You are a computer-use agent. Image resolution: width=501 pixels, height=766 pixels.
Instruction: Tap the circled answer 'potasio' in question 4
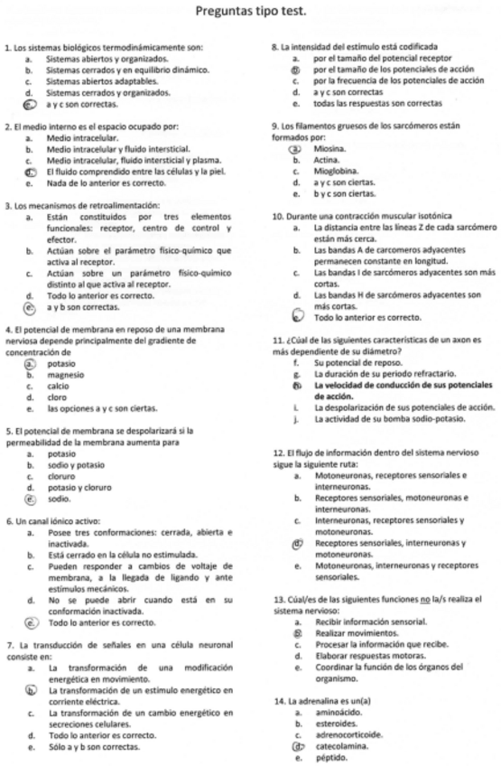click(x=60, y=362)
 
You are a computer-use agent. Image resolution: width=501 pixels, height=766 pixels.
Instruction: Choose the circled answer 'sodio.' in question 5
click(x=59, y=498)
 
